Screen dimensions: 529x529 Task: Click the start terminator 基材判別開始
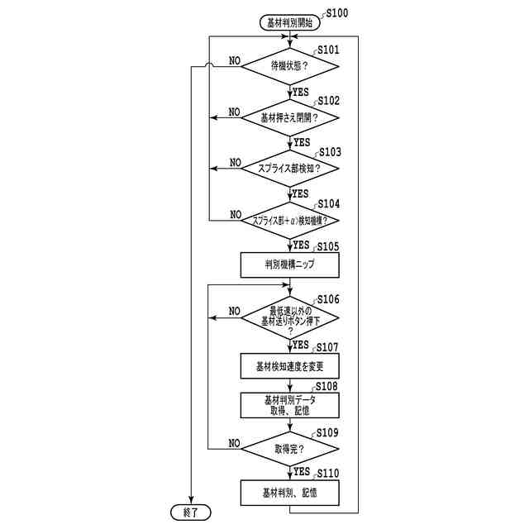288,23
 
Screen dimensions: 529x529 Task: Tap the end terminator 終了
191,512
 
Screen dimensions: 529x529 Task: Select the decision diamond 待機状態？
289,65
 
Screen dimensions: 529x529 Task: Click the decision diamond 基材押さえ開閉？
289,117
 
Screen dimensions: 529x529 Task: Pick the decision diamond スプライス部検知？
289,168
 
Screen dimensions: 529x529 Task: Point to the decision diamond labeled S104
289,220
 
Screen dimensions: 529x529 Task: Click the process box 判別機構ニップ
289,264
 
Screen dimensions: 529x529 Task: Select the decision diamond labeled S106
289,317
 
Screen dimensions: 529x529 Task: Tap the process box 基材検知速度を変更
289,365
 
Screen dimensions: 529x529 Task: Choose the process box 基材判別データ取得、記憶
289,404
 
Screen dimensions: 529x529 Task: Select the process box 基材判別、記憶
289,493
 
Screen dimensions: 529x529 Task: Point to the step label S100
337,13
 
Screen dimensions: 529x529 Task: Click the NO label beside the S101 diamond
235,60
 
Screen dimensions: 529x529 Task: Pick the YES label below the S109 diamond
302,471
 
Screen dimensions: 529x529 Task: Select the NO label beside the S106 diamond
235,312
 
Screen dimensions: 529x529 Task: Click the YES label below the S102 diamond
302,142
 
